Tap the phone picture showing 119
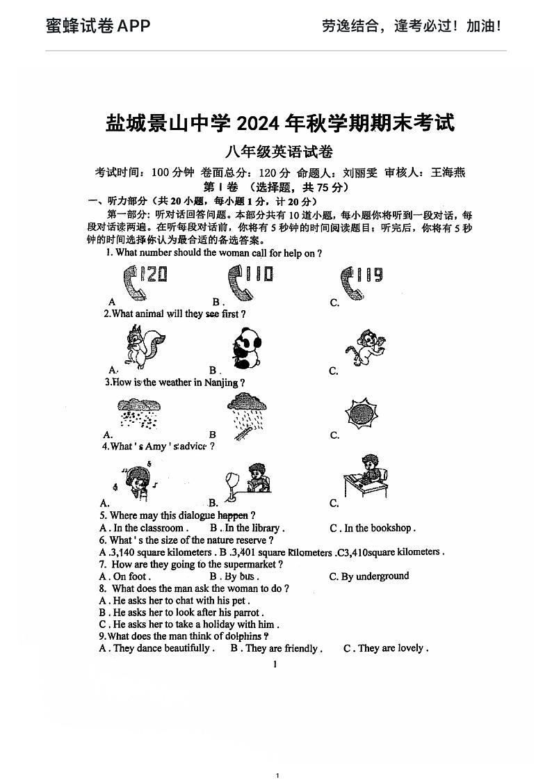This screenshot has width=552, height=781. [x=361, y=281]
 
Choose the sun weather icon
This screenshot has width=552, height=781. [x=361, y=414]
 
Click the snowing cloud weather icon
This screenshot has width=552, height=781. [x=138, y=414]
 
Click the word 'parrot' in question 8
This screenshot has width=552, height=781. [x=248, y=613]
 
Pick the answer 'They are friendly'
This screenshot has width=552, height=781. [x=281, y=648]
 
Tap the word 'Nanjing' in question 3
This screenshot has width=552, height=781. [x=221, y=383]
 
